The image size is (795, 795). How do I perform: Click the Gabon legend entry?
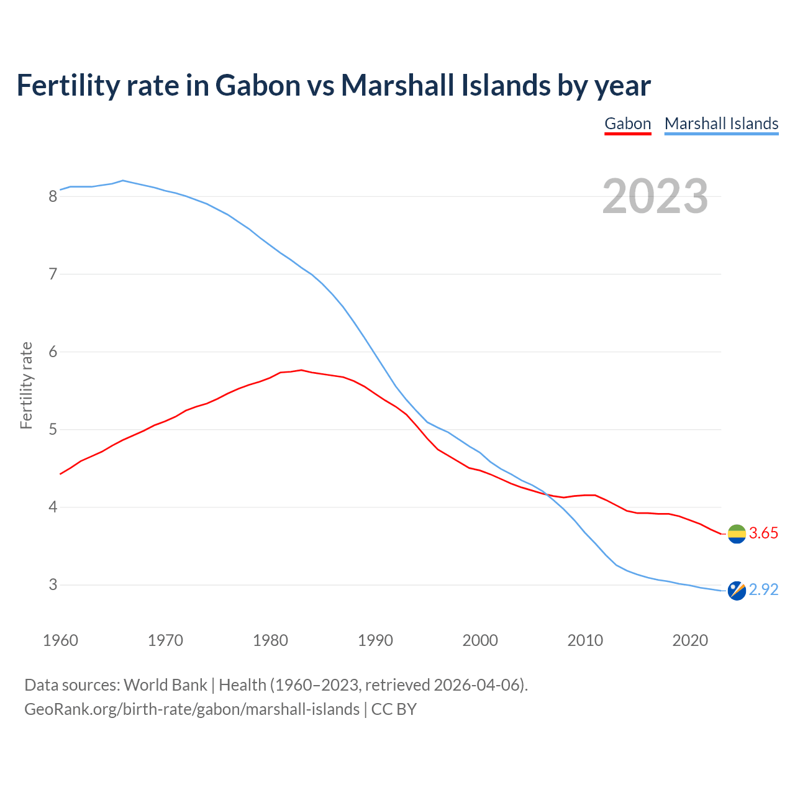tap(627, 124)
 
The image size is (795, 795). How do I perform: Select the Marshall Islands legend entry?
tap(721, 124)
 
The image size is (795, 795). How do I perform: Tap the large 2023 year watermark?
tap(655, 196)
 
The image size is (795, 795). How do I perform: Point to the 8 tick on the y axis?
tap(53, 197)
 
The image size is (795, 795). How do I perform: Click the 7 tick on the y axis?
tap(53, 274)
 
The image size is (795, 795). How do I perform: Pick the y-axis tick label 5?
tap(53, 430)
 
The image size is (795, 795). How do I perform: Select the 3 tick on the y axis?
tap(53, 585)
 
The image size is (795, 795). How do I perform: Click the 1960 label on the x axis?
tap(60, 640)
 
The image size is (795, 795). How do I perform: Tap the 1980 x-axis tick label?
tap(270, 640)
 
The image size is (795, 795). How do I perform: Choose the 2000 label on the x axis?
tap(480, 640)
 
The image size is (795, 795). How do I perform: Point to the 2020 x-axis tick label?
tap(690, 640)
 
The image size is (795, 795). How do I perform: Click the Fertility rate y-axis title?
tap(26, 385)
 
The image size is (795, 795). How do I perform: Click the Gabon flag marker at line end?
tap(737, 534)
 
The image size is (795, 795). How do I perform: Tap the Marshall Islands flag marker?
tap(737, 591)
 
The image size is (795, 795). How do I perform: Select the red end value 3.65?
tap(763, 534)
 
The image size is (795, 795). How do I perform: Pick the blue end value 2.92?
tap(763, 590)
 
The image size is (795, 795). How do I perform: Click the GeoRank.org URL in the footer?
tap(191, 709)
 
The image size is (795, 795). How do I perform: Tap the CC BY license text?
tap(394, 709)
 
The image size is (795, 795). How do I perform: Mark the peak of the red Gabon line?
tap(301, 370)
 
